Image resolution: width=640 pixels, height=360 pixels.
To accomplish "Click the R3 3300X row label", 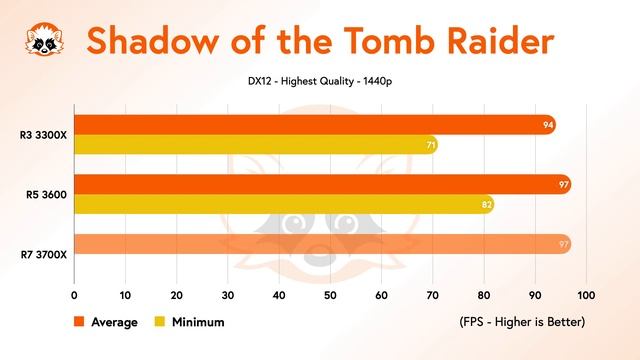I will [x=44, y=135].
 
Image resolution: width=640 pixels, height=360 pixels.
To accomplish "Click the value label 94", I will [x=547, y=125].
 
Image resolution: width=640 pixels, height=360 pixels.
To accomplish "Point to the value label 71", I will [x=429, y=146].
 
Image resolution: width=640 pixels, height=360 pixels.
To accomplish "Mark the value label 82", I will [x=486, y=205].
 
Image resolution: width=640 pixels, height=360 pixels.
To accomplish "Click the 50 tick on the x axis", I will [x=330, y=296].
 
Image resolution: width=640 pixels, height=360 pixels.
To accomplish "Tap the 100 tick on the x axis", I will [x=586, y=296].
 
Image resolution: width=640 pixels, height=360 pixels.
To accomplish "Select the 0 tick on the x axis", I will [x=74, y=296].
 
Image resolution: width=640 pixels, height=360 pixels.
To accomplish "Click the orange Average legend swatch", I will [x=79, y=322].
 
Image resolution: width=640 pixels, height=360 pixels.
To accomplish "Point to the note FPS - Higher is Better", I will [x=521, y=322].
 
